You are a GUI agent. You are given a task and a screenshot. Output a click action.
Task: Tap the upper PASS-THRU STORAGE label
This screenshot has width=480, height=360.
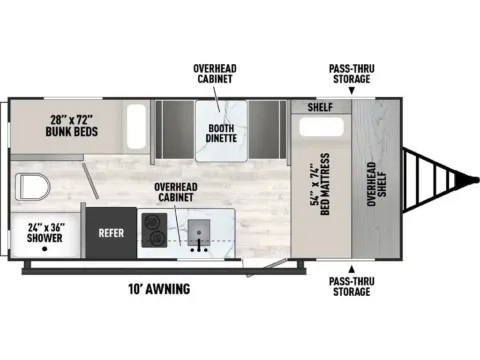pos(352,73)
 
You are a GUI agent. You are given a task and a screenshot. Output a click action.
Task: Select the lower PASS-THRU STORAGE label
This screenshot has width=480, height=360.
pos(352,287)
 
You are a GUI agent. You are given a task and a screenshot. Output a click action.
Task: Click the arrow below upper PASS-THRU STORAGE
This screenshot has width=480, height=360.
pos(352,91)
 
